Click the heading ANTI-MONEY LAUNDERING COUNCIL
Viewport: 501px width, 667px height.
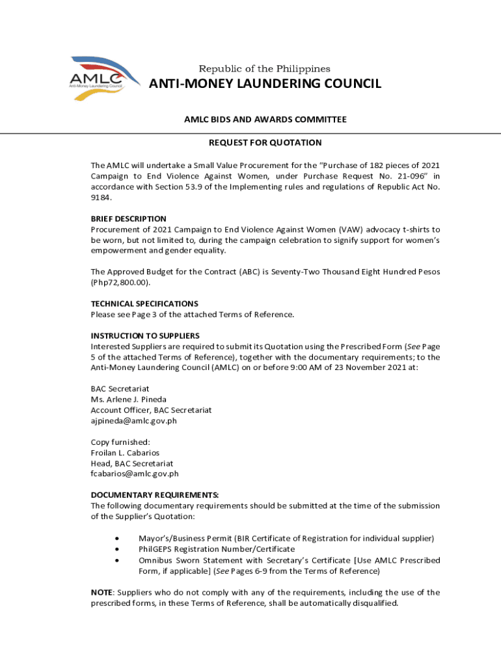point(265,84)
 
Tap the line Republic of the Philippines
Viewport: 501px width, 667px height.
point(264,68)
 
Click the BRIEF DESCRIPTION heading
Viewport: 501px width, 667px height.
point(128,219)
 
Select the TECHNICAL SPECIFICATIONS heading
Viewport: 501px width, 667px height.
point(144,304)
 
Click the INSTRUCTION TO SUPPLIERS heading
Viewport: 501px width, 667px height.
point(145,336)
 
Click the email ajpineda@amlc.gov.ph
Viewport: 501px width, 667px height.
point(133,420)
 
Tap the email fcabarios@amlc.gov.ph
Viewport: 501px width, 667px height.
point(134,474)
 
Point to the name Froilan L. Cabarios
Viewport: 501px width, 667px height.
point(125,453)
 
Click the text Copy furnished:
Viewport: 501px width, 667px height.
point(120,442)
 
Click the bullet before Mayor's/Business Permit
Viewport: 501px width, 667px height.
point(116,539)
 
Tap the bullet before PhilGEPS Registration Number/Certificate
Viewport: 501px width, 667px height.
point(116,549)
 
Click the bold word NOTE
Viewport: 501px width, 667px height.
point(102,592)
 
